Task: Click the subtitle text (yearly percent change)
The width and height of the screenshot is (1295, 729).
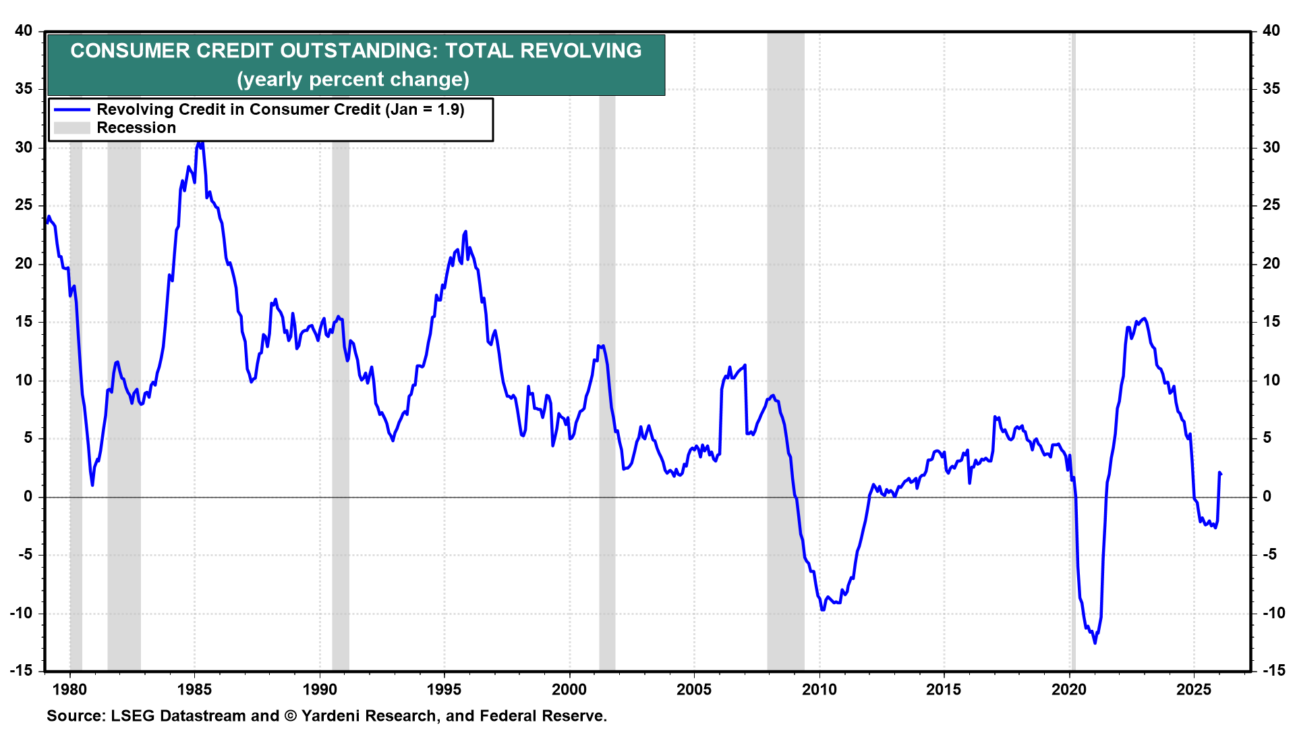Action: point(353,80)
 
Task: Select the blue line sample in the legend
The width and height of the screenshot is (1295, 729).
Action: point(71,109)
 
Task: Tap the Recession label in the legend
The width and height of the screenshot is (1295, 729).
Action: point(136,128)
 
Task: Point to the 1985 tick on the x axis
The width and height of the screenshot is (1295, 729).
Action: point(194,689)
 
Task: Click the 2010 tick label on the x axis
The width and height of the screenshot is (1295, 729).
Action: point(819,689)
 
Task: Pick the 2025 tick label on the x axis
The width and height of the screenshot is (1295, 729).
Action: point(1194,689)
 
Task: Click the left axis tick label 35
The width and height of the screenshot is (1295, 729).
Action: point(24,89)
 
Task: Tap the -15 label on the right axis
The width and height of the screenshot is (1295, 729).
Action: point(1273,670)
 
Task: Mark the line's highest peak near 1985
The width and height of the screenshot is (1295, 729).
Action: point(200,142)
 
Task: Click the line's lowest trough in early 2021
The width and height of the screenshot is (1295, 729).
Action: point(1095,643)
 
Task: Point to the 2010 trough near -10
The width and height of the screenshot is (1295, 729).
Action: point(823,610)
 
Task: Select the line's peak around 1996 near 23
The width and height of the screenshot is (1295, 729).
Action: point(465,232)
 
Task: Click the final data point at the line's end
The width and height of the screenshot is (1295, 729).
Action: point(1221,474)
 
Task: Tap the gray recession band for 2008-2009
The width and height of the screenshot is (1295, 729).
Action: point(785,337)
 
